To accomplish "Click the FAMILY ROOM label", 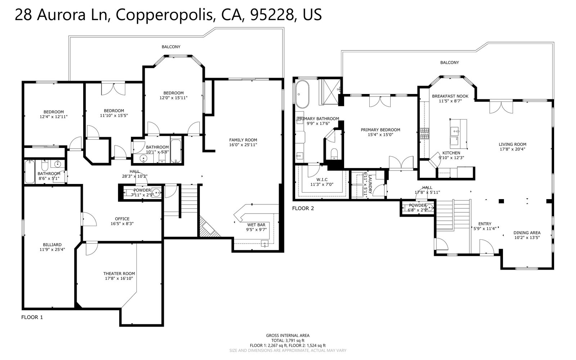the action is pyautogui.click(x=243, y=140).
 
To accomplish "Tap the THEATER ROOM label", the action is pyautogui.click(x=119, y=274).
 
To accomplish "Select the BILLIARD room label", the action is pyautogui.click(x=52, y=245).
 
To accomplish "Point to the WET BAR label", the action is pyautogui.click(x=256, y=225).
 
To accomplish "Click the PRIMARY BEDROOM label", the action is pyautogui.click(x=381, y=130).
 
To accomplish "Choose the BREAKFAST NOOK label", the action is pyautogui.click(x=450, y=96).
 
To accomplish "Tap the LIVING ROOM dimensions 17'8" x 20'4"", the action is pyautogui.click(x=513, y=149).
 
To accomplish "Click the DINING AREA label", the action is pyautogui.click(x=527, y=233).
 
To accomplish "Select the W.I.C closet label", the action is pyautogui.click(x=322, y=180).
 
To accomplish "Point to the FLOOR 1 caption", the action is pyautogui.click(x=32, y=317).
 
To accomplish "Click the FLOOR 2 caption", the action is pyautogui.click(x=303, y=208).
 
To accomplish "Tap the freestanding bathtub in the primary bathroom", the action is pyautogui.click(x=302, y=94).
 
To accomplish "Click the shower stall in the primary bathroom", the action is pyautogui.click(x=330, y=91).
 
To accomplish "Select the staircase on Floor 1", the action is pyautogui.click(x=189, y=201).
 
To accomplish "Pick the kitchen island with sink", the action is pyautogui.click(x=458, y=134).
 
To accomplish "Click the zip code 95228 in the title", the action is pyautogui.click(x=272, y=15).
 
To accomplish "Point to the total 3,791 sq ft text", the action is pyautogui.click(x=288, y=341).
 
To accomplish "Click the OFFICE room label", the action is pyautogui.click(x=122, y=219).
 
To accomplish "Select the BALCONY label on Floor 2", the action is pyautogui.click(x=450, y=63).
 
